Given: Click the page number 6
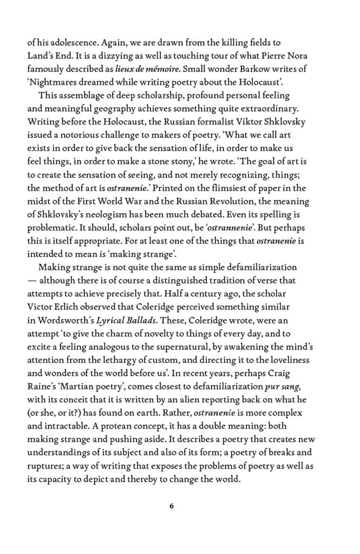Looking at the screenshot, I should (172, 506).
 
